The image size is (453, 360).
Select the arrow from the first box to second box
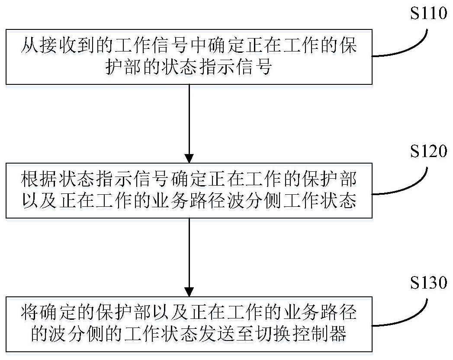coord(189,121)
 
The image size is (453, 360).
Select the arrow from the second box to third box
coord(189,255)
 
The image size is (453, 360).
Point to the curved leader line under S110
coord(411,48)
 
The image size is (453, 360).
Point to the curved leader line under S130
coord(411,318)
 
